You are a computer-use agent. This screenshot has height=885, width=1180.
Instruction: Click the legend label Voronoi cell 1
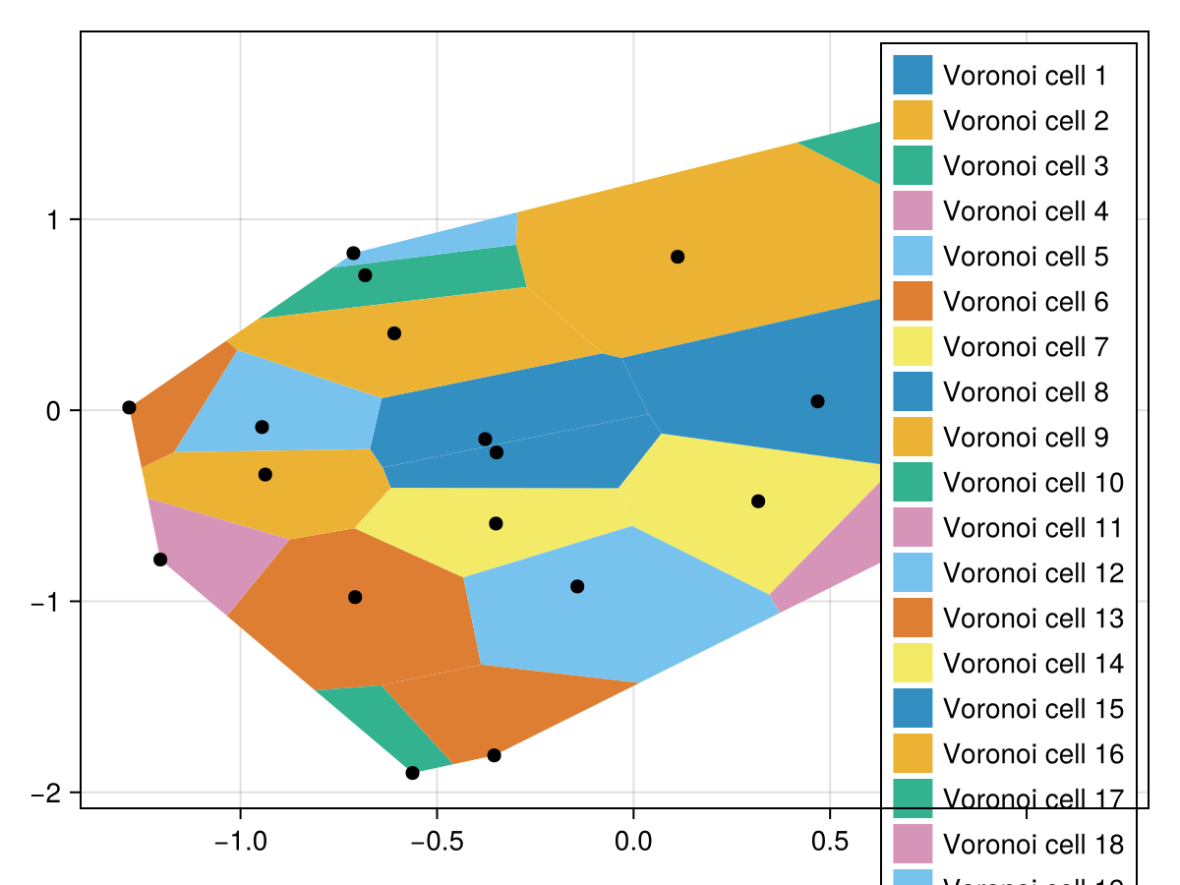(x=1025, y=76)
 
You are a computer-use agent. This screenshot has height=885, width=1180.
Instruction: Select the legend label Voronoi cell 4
(x=1025, y=211)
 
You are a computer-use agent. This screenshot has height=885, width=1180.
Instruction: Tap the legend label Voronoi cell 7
(x=1025, y=347)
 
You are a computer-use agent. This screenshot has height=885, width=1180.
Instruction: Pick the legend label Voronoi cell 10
(x=1032, y=483)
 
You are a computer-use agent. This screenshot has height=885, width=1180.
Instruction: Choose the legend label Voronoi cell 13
(x=1032, y=619)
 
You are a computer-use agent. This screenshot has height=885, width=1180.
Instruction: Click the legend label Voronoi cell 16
(x=1032, y=754)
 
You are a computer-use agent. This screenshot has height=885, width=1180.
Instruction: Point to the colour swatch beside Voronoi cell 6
(x=912, y=302)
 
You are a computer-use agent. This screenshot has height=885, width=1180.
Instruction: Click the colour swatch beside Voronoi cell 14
(x=912, y=664)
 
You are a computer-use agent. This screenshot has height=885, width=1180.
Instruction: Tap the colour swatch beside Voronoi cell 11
(x=912, y=528)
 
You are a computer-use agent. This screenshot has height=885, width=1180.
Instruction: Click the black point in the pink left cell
(x=160, y=560)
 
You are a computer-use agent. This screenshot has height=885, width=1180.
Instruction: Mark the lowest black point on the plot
(x=412, y=773)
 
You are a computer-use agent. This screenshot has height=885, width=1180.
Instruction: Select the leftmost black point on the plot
(x=129, y=407)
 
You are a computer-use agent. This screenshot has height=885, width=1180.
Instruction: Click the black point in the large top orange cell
(x=678, y=257)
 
